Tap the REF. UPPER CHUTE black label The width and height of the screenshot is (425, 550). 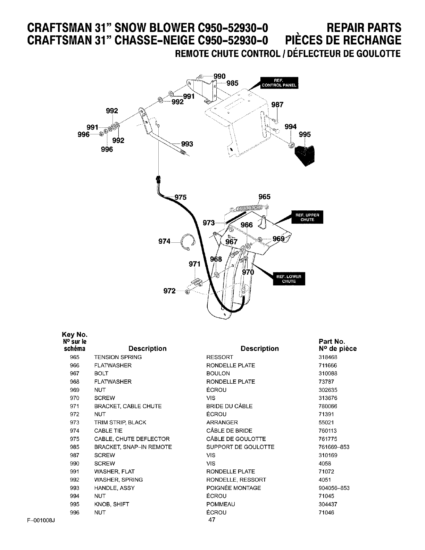pyautogui.click(x=305, y=218)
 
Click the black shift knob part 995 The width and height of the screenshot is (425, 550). pyautogui.click(x=305, y=155)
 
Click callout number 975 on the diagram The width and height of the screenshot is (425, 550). pyautogui.click(x=181, y=197)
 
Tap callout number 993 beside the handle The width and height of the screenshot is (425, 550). pyautogui.click(x=186, y=144)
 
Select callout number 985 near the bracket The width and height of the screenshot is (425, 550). pyautogui.click(x=232, y=83)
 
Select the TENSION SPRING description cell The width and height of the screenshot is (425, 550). pyautogui.click(x=118, y=357)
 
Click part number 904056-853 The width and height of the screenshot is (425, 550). pyautogui.click(x=334, y=488)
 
